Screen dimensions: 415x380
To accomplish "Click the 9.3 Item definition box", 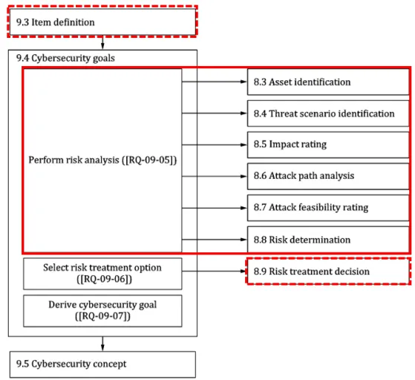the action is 102,22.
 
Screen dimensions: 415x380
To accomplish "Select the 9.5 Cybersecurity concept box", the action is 102,364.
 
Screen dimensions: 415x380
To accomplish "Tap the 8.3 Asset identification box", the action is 328,82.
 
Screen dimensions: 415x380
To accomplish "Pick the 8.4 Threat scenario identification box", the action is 328,114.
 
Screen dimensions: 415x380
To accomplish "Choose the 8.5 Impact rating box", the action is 328,145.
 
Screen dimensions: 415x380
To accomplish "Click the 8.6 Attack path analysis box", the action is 328,176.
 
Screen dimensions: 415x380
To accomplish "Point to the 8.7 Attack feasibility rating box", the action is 328,208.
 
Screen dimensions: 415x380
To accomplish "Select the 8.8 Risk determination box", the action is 328,240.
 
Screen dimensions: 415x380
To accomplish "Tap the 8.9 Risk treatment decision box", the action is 328,271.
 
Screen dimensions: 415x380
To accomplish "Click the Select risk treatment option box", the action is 102,274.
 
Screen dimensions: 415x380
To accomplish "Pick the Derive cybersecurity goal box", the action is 102,311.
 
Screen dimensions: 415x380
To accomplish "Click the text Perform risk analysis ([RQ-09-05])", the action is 102,160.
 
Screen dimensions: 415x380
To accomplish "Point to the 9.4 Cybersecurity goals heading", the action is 65,58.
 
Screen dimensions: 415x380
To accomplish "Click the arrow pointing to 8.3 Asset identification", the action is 215,82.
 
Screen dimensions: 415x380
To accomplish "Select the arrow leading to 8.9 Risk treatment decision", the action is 215,271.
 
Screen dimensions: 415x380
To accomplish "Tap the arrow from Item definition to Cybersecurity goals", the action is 102,42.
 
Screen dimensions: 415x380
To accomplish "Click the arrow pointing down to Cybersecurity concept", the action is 102,344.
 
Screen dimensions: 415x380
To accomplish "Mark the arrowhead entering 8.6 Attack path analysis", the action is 244,176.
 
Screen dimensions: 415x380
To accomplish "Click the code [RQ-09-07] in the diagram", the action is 102,316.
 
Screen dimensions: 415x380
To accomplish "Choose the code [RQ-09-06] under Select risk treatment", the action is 104,279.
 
